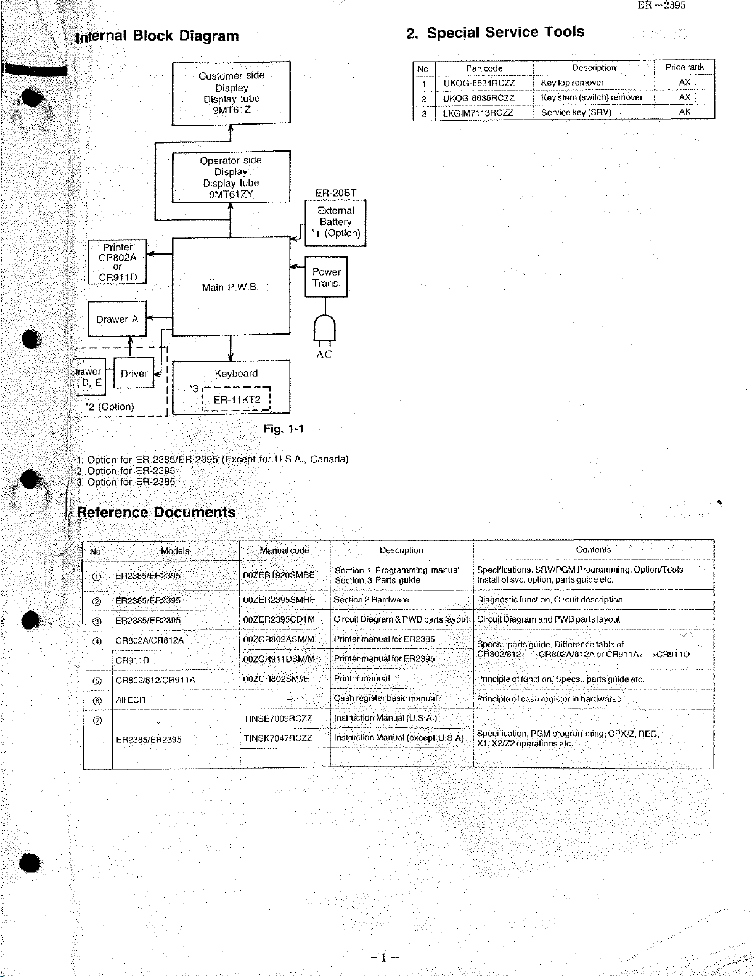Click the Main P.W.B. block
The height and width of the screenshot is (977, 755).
point(231,287)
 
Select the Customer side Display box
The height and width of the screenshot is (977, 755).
point(231,93)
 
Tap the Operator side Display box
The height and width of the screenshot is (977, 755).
point(231,178)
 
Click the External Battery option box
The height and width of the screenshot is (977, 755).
point(335,223)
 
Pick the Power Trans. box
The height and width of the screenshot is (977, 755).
point(326,277)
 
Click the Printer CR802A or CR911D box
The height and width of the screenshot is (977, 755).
point(118,262)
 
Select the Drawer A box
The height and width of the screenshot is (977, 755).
point(117,319)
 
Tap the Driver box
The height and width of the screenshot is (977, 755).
point(134,373)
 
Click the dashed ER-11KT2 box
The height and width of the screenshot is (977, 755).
point(237,399)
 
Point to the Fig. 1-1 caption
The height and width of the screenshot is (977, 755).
point(284,428)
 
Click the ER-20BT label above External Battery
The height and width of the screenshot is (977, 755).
point(335,193)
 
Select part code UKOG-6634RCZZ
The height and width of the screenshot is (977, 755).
point(479,83)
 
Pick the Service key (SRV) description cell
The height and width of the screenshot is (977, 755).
point(576,112)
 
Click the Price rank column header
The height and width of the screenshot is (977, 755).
point(684,67)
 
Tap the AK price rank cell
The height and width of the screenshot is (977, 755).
point(684,112)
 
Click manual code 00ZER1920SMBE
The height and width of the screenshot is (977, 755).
point(279,575)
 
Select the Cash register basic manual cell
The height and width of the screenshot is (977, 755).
point(385,698)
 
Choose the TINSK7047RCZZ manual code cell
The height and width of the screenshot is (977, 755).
point(278,738)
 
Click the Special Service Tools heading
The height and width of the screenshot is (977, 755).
point(496,32)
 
